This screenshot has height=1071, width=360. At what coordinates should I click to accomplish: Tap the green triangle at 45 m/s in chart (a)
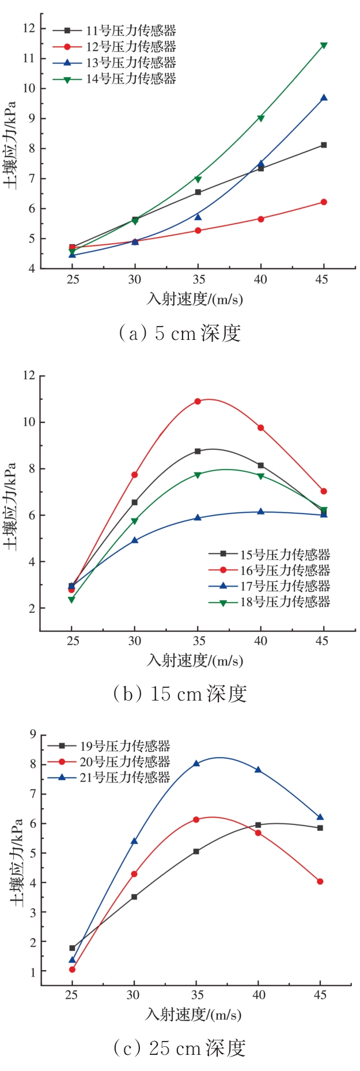pyautogui.click(x=324, y=46)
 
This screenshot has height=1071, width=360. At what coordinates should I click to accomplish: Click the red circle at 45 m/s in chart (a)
pyautogui.click(x=324, y=202)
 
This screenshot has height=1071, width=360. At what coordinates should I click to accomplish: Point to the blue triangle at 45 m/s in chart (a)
pyautogui.click(x=324, y=98)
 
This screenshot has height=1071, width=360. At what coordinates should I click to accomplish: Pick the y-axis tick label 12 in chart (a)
pyautogui.click(x=29, y=28)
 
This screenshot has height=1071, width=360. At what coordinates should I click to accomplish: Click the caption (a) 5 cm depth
pyautogui.click(x=179, y=333)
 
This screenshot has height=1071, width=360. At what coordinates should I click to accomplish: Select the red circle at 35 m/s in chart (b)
pyautogui.click(x=198, y=401)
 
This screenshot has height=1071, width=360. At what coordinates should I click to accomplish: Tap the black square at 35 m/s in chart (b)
pyautogui.click(x=198, y=451)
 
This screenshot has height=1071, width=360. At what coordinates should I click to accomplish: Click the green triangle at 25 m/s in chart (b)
pyautogui.click(x=71, y=600)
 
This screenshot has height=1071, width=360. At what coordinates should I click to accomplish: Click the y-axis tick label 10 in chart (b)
pyautogui.click(x=29, y=422)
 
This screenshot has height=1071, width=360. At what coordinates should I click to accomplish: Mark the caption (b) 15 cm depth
pyautogui.click(x=180, y=694)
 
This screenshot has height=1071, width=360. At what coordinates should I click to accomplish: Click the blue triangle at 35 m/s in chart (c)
pyautogui.click(x=196, y=763)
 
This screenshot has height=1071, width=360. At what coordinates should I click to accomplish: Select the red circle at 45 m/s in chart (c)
pyautogui.click(x=320, y=881)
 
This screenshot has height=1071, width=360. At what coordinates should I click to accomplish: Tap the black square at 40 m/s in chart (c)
pyautogui.click(x=258, y=825)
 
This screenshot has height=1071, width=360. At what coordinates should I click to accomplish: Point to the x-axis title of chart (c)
pyautogui.click(x=194, y=1014)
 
